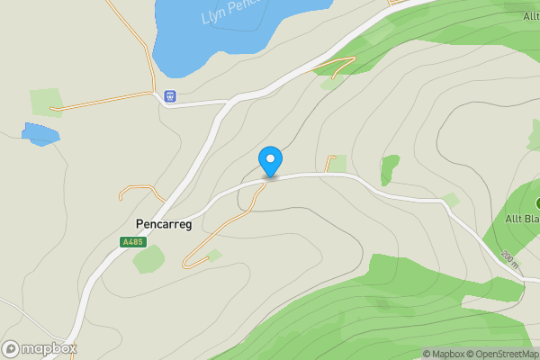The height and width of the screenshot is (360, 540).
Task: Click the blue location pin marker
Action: (x=270, y=161)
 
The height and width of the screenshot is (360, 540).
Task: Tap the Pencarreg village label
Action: (x=163, y=224)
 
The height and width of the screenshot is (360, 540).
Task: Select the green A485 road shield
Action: (x=131, y=242)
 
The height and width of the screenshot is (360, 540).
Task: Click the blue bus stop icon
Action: (x=170, y=96)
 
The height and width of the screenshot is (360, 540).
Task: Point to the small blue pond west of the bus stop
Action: (x=40, y=135)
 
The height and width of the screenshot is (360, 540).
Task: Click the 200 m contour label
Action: (x=510, y=259)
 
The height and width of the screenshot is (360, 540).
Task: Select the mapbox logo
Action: (x=40, y=348)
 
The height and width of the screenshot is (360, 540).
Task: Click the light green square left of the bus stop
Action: (x=45, y=102)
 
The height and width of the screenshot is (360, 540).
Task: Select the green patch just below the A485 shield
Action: (x=148, y=259)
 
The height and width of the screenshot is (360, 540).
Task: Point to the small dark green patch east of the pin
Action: (x=389, y=169)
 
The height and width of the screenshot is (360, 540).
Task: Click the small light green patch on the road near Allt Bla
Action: (x=450, y=200)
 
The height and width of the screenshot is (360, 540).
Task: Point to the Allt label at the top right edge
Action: (x=530, y=16)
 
